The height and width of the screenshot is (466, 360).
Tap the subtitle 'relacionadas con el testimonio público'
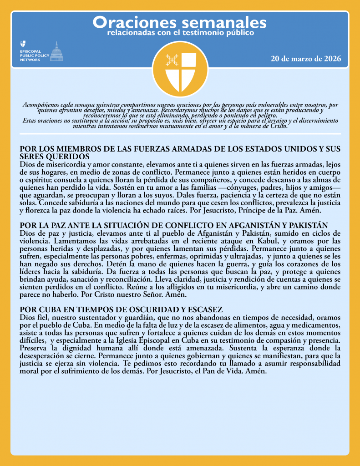pos(180,33)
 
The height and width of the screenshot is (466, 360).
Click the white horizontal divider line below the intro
pos(180,133)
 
